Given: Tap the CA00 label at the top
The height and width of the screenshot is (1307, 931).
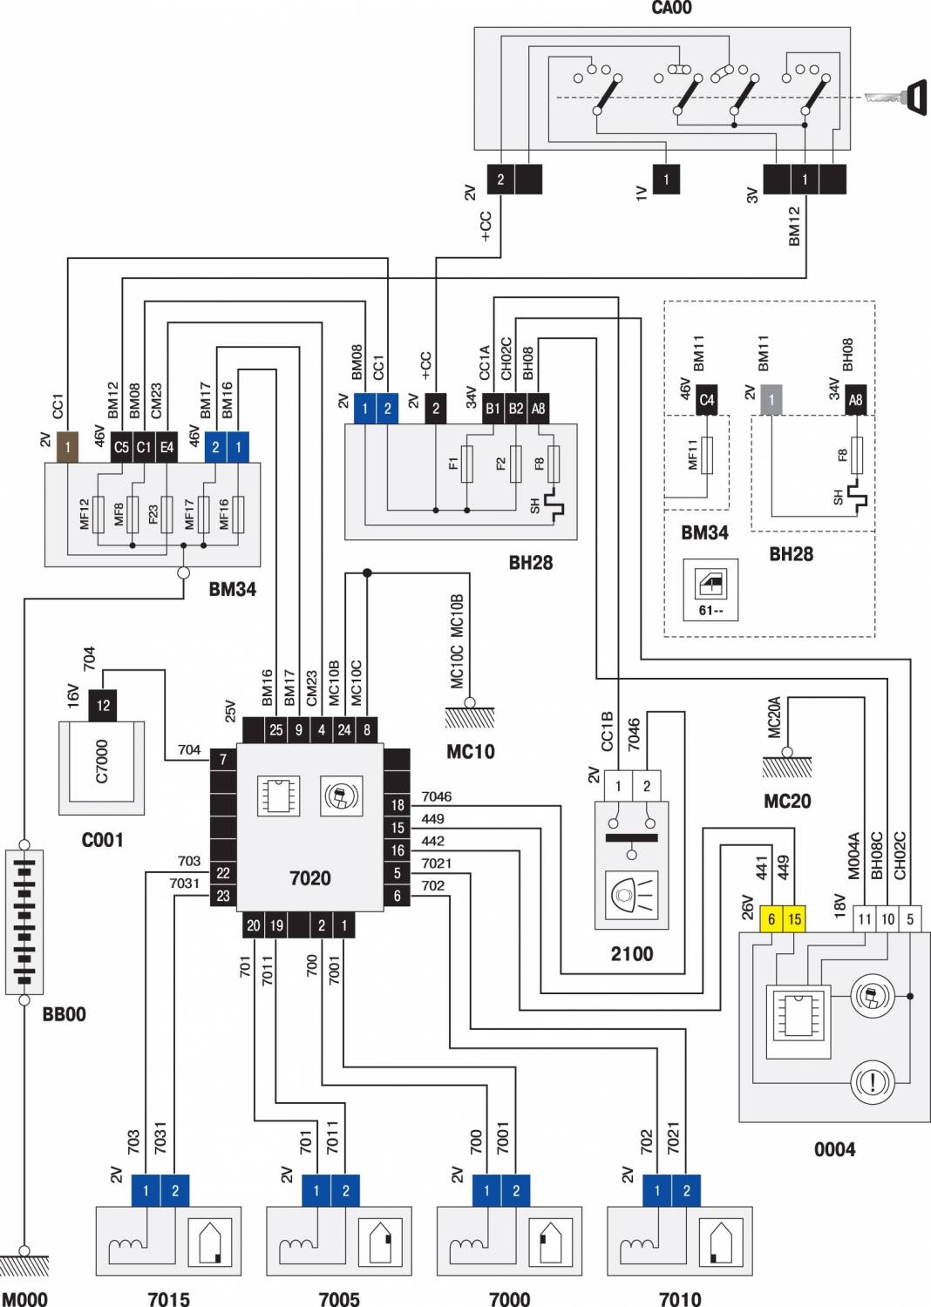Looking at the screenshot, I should (671, 8).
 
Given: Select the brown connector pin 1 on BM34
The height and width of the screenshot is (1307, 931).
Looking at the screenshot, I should (67, 447).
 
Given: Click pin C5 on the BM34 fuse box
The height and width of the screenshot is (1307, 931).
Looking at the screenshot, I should (121, 447).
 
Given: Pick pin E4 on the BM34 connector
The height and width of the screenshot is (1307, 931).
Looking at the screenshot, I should (166, 447).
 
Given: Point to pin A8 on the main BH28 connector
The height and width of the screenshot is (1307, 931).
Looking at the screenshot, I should (539, 408).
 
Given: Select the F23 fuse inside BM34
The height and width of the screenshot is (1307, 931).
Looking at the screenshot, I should (166, 514).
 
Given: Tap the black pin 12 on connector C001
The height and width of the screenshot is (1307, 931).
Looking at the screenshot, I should (103, 705).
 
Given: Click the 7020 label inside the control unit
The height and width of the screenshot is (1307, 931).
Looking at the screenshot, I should (309, 877).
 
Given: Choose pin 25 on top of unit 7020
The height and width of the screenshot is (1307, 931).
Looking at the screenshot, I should (275, 729).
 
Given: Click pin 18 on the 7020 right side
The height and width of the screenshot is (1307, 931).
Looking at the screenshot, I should (398, 805).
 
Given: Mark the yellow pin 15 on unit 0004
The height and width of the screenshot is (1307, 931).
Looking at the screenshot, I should (794, 918).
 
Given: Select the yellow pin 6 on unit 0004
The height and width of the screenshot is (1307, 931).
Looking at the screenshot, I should (771, 918).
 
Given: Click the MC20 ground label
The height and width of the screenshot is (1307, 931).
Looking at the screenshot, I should (786, 801).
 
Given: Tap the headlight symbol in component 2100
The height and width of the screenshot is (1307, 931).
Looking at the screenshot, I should (632, 893).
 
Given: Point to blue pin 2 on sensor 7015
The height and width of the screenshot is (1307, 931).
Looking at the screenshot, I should (175, 1190).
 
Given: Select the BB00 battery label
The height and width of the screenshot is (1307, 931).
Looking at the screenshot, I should (65, 1014).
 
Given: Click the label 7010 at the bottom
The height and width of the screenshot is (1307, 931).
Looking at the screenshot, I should (680, 1299).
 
